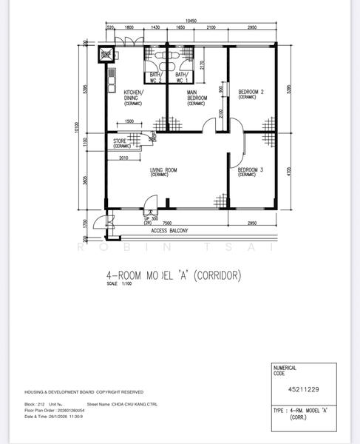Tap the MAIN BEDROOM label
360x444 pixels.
click(197, 97)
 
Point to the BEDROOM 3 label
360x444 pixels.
click(251, 171)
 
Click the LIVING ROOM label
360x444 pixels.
click(163, 171)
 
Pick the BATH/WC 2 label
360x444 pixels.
click(156, 77)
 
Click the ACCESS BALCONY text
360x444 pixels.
click(169, 231)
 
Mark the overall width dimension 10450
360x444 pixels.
click(191, 21)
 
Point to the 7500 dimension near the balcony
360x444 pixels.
click(168, 222)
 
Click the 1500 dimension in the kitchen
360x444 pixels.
click(129, 121)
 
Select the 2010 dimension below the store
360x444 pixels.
click(123, 158)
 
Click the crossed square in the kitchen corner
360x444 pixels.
click(107, 53)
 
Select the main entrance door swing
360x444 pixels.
click(151, 202)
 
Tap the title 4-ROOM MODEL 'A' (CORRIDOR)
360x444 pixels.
click(174, 275)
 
